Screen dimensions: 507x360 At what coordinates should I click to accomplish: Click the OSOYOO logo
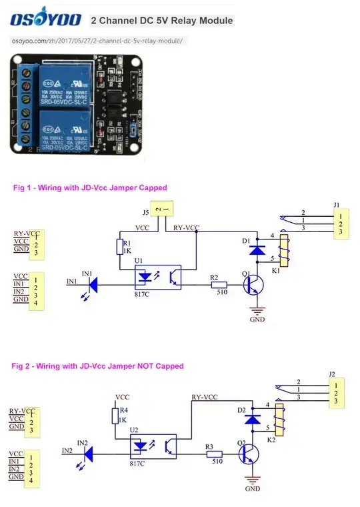45,19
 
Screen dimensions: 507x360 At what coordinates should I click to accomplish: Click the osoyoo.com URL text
97,41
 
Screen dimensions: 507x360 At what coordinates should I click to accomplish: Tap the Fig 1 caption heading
90,188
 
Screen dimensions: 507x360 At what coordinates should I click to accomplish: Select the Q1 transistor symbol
253,286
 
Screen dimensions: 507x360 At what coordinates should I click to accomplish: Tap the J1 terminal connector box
339,223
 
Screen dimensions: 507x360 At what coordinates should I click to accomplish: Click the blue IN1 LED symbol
94,285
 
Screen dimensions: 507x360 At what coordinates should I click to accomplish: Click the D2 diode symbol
252,419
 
